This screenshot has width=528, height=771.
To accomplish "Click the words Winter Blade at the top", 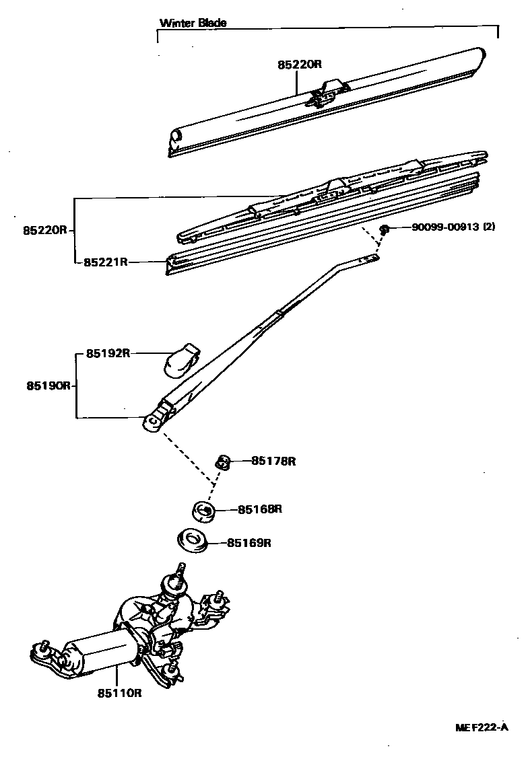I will [193, 22].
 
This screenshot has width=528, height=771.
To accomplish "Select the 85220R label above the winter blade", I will [300, 65].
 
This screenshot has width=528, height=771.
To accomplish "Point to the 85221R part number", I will [106, 262].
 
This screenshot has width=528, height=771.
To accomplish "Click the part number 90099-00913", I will [445, 227].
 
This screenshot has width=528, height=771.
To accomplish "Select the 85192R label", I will [108, 353].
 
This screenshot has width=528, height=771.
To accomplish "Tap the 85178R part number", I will [274, 461].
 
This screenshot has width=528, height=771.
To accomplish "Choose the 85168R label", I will [259, 509].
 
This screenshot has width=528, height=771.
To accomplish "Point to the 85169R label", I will [249, 542].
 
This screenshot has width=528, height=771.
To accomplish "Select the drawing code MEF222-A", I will [480, 728].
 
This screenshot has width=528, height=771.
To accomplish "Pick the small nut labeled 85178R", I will [223, 462].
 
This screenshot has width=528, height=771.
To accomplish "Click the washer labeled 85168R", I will [203, 511].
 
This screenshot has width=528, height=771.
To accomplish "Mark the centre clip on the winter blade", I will [325, 93].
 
